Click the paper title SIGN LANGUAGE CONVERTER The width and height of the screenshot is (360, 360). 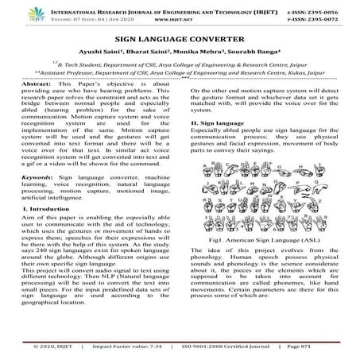(x=180, y=37)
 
